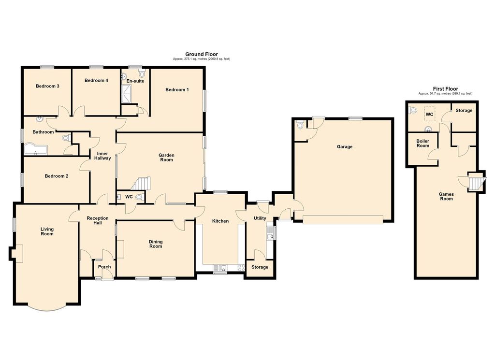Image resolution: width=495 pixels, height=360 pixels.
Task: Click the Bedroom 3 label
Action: click(x=47, y=86)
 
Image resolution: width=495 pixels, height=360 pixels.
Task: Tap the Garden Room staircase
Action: click(x=142, y=183)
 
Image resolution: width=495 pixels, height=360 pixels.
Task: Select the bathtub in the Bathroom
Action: click(x=35, y=150)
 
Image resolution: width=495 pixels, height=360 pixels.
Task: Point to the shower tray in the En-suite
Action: click(x=127, y=94)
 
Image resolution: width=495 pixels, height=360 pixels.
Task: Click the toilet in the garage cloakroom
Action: click(x=300, y=125)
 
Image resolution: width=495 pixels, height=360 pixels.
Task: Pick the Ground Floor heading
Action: click(x=202, y=54)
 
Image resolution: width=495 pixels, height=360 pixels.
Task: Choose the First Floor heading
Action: click(x=445, y=89)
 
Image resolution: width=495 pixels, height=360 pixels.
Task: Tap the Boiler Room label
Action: click(x=422, y=143)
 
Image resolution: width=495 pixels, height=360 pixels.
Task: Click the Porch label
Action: click(x=104, y=267)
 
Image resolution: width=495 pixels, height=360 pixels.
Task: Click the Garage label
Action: click(x=344, y=147)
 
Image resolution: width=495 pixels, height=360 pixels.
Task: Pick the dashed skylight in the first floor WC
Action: click(x=429, y=114)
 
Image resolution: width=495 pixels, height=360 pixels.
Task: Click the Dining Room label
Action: click(x=156, y=244)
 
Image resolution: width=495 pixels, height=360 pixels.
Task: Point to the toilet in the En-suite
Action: click(x=142, y=73)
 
